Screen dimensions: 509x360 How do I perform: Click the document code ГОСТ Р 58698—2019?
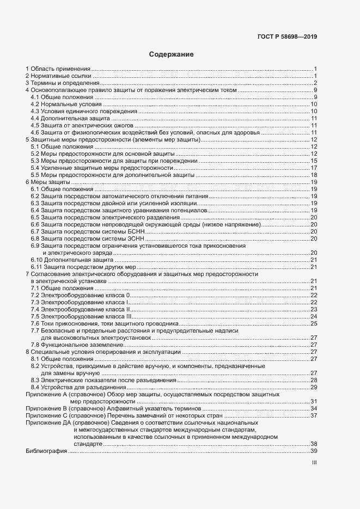click(x=287, y=38)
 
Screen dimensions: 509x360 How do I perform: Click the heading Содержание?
click(x=172, y=54)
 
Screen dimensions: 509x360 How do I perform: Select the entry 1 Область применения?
click(x=58, y=69)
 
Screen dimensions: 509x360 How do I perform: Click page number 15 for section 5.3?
click(x=314, y=161)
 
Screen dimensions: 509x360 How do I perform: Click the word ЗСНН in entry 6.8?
click(x=134, y=238)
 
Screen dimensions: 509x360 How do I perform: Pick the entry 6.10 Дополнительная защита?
click(x=72, y=260)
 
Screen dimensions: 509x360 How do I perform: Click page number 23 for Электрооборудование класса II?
click(x=314, y=309)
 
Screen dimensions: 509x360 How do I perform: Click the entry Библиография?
click(x=46, y=451)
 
